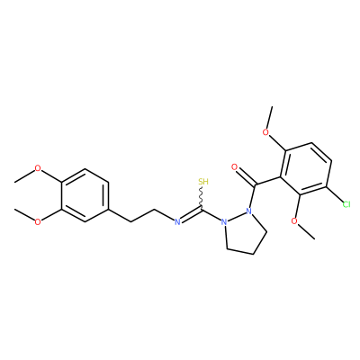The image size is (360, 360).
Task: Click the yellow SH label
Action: [x=203, y=182]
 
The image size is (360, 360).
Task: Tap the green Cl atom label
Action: [x=346, y=204]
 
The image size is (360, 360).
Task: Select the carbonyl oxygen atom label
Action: [x=234, y=167]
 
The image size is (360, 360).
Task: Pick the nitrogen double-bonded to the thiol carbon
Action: [x=177, y=222]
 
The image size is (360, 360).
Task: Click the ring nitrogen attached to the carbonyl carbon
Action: [x=247, y=211]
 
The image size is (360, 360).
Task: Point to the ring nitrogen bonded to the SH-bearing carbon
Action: [x=223, y=222]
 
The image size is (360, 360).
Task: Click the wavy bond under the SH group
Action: [x=202, y=197]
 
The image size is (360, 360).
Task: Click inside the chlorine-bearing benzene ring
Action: [x=306, y=170]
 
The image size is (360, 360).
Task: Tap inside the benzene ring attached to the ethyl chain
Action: [x=85, y=195]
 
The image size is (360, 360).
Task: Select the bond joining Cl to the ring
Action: [x=334, y=194]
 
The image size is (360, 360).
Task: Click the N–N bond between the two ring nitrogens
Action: [x=236, y=216]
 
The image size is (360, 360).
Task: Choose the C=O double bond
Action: [x=246, y=177]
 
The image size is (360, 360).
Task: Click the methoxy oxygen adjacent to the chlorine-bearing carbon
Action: [x=295, y=221]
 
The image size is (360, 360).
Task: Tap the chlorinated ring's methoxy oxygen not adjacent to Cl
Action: [x=265, y=132]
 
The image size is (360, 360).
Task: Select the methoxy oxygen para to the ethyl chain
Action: [x=38, y=168]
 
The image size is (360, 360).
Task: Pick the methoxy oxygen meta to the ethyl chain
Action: [x=38, y=222]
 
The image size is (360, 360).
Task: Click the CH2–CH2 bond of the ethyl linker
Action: [x=142, y=215]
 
